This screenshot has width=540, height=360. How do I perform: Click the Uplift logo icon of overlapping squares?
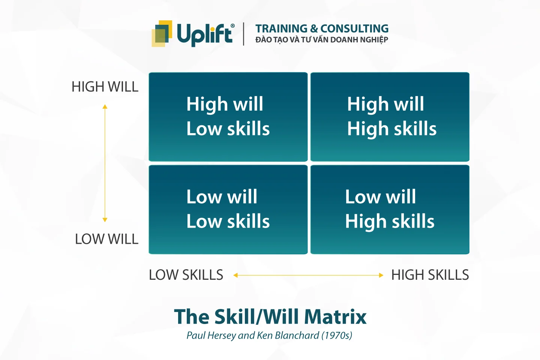point(162,33)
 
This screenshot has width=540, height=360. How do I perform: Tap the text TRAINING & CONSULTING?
point(322,28)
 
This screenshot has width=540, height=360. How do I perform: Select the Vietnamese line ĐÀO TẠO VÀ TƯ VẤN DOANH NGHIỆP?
point(322,40)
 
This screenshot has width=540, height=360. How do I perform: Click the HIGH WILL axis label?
point(105,87)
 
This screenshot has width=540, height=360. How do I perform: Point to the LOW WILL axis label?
point(106,239)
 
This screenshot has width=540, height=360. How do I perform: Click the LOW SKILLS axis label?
point(186,275)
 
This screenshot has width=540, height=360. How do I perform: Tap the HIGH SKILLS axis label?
point(430,275)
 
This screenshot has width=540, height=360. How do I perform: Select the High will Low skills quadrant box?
point(228,117)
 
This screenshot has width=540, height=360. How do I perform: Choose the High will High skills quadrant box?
point(390,117)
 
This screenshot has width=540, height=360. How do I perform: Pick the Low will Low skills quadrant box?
point(228,209)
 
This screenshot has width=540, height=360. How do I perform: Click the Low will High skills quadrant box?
point(390,209)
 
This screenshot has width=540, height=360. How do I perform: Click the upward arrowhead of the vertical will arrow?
point(105,107)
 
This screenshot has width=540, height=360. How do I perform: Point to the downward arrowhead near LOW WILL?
point(105,220)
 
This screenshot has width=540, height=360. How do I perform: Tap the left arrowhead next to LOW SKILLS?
point(235,275)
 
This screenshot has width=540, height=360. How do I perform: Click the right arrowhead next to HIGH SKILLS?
point(381,275)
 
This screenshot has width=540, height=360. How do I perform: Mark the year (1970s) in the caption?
point(337,335)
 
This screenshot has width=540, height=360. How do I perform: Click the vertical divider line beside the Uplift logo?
point(244,34)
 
